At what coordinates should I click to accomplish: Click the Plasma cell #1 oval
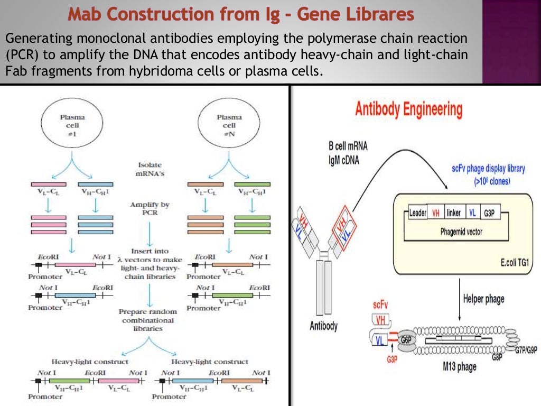click(72, 125)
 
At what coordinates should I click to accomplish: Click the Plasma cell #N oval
click(229, 125)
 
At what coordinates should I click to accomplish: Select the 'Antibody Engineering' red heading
click(408, 110)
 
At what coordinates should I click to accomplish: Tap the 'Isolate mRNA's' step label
click(150, 169)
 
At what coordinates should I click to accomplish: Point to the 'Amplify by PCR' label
click(150, 209)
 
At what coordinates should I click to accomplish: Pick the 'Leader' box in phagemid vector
click(417, 213)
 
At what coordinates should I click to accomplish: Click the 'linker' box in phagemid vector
click(453, 213)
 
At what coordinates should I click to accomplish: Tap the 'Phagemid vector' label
click(461, 232)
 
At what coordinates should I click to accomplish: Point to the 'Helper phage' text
click(483, 299)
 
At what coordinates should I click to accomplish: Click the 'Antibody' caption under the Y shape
click(323, 326)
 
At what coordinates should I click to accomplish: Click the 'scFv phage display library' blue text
click(488, 169)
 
